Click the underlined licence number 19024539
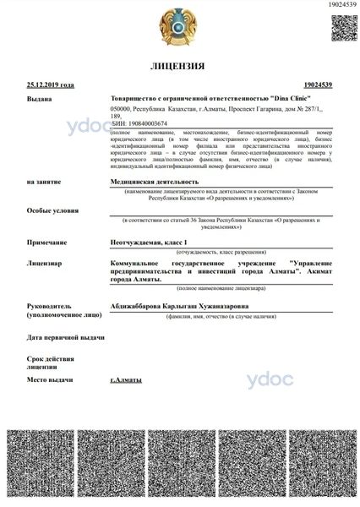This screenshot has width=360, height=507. tap(319, 85)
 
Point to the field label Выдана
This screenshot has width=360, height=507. tap(39, 99)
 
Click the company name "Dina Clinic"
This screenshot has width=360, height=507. tap(276, 99)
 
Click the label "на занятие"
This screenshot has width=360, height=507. tap(43, 181)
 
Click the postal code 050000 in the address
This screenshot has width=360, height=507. tap(123, 110)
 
